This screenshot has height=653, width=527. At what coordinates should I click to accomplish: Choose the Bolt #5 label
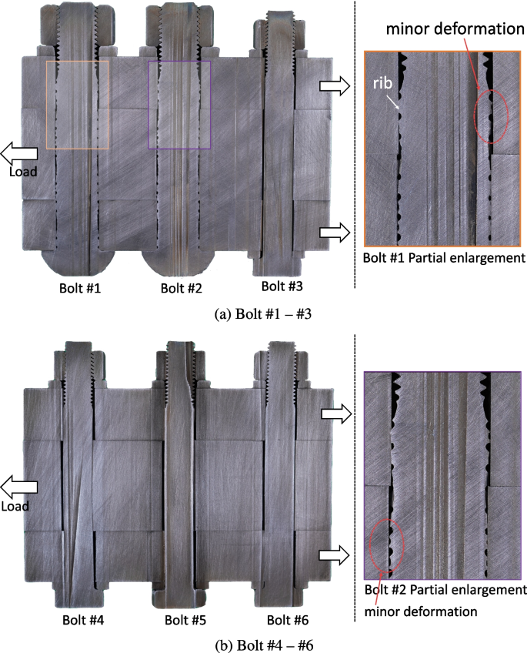tap(182, 619)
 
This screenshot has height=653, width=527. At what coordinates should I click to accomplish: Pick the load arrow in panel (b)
tap(17, 487)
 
